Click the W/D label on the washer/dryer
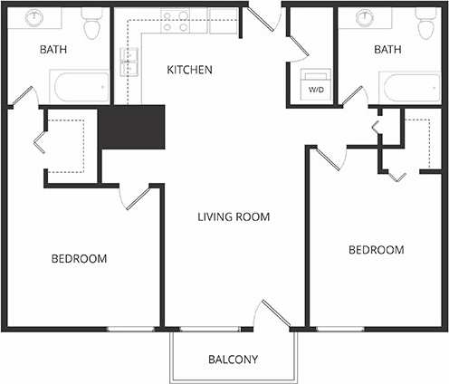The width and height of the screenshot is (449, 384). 316,91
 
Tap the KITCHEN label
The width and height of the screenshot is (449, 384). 189,70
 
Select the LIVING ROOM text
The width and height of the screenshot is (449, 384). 235,217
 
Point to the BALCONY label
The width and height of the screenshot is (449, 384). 233,360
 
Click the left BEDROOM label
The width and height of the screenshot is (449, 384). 79,259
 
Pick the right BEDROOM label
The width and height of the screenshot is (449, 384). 376,250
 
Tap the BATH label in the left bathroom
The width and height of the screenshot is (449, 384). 53,51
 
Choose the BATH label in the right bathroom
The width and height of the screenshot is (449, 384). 388,51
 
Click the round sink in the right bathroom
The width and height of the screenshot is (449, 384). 366,16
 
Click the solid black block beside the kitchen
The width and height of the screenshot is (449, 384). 132,126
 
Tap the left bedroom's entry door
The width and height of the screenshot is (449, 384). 135,198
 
